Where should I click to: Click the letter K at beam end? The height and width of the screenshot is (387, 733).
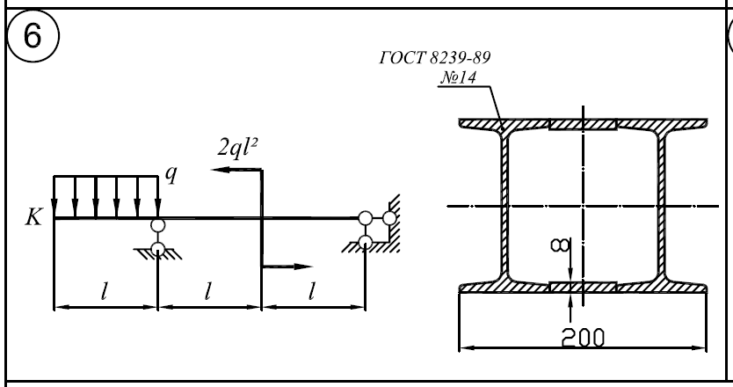(33, 217)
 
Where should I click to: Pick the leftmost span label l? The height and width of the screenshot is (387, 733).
(105, 293)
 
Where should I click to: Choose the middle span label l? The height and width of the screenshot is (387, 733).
(208, 293)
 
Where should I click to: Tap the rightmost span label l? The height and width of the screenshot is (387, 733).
(312, 293)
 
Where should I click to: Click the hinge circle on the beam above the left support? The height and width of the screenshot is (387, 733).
(157, 226)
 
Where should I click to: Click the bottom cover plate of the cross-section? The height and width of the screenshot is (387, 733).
(582, 287)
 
